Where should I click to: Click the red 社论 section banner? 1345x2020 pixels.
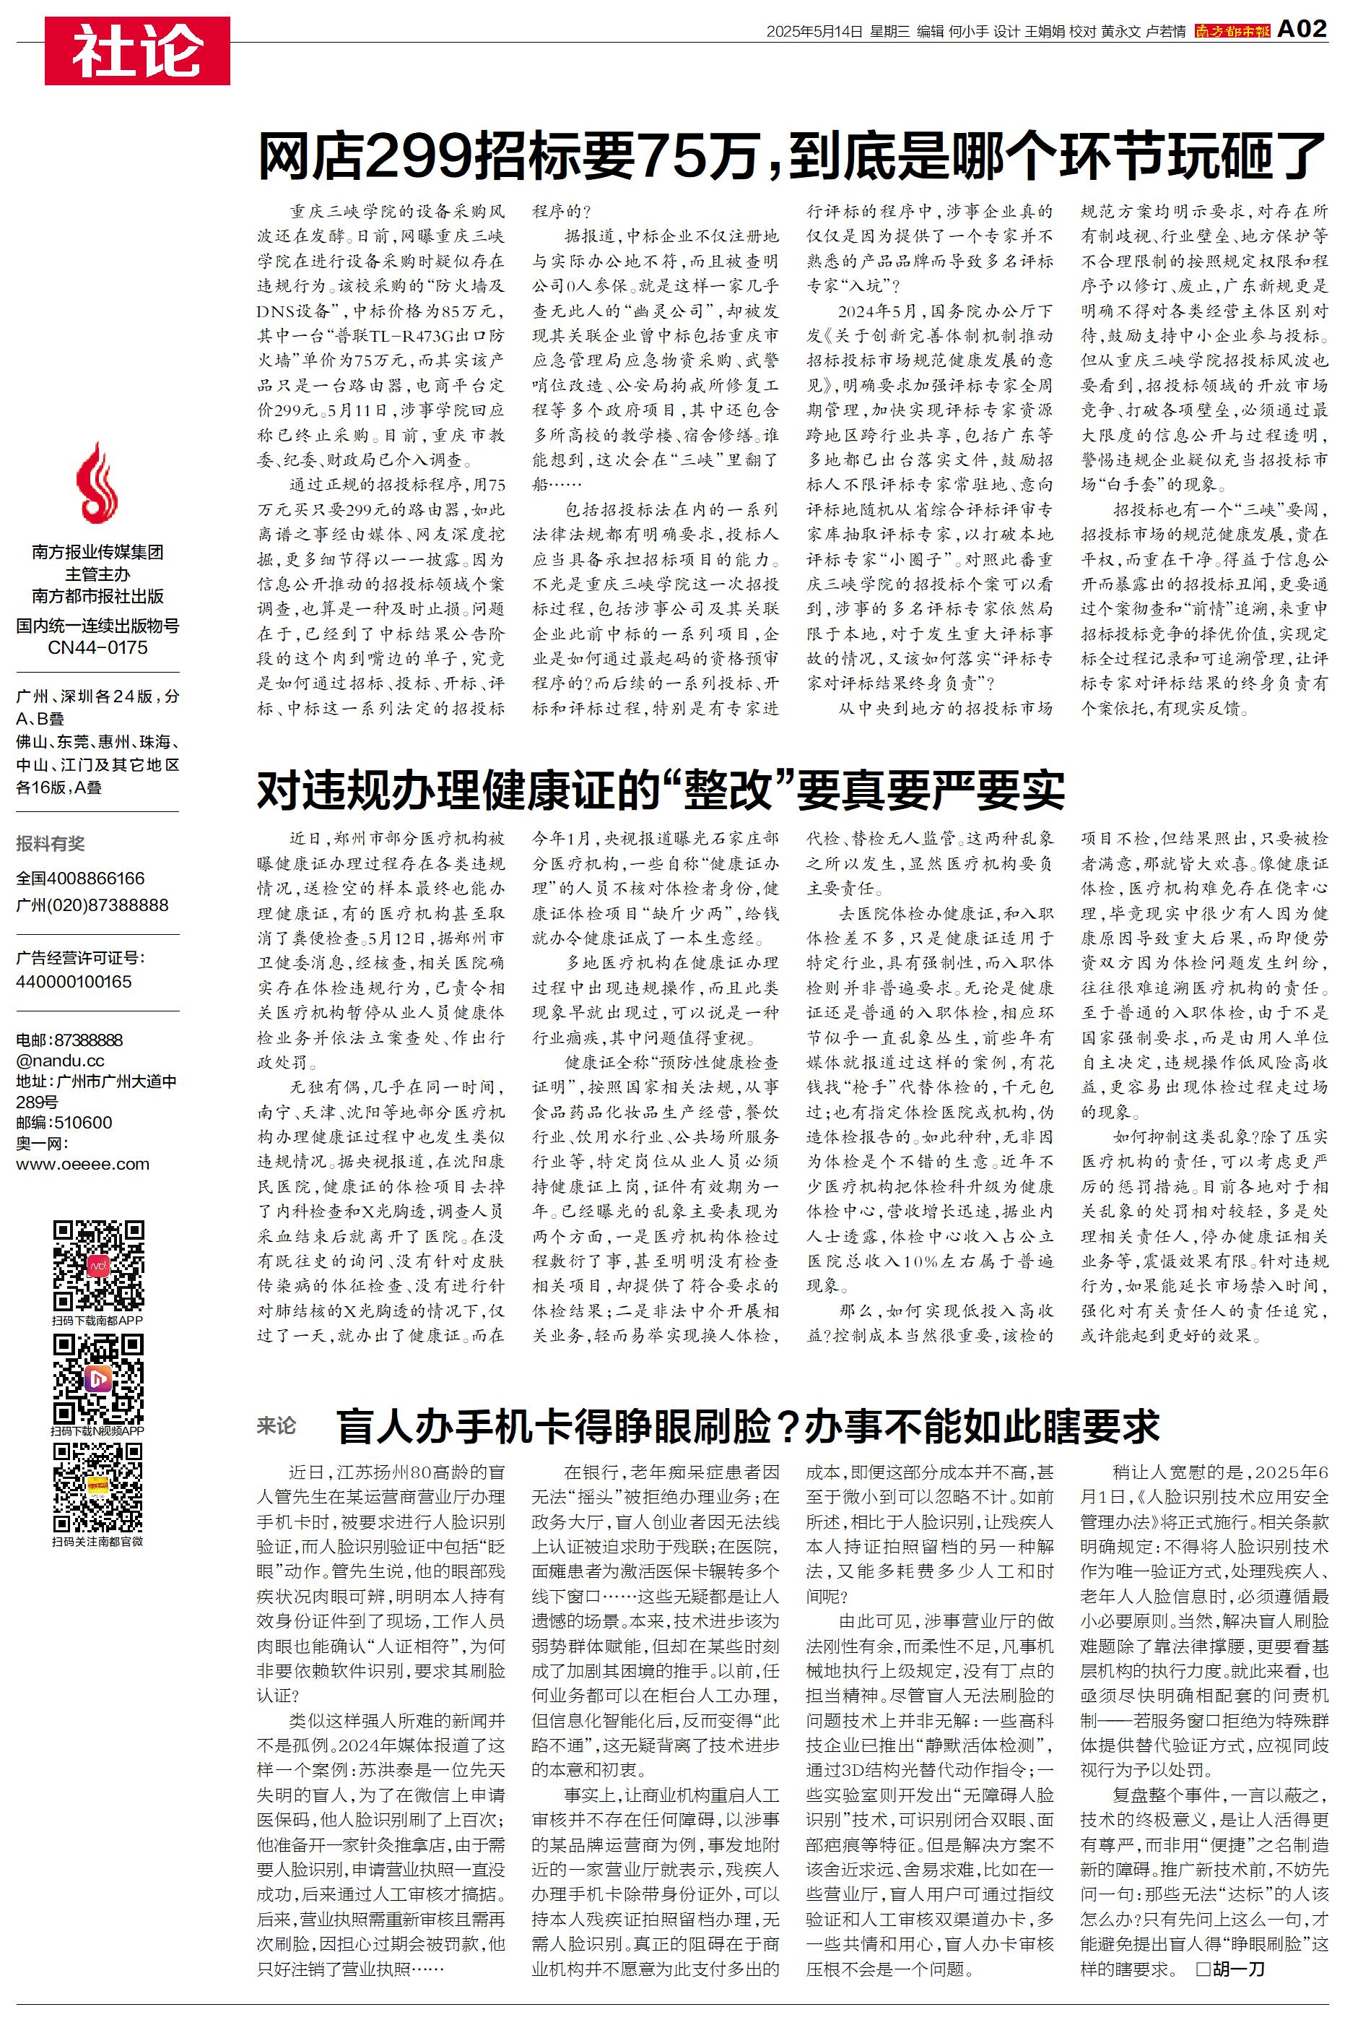pyautogui.click(x=137, y=51)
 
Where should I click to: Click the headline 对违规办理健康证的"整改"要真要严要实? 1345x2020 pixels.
pyautogui.click(x=661, y=790)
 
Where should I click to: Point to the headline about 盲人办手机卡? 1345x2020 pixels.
pyautogui.click(x=747, y=1426)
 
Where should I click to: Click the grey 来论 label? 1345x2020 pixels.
pyautogui.click(x=277, y=1426)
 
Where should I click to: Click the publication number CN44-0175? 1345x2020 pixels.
pyautogui.click(x=97, y=648)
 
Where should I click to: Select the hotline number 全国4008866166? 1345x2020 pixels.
pyautogui.click(x=81, y=879)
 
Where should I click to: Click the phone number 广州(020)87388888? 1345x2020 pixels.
pyautogui.click(x=92, y=905)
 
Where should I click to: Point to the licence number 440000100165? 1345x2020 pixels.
pyautogui.click(x=74, y=982)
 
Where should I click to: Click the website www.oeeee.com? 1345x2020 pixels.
pyautogui.click(x=82, y=1165)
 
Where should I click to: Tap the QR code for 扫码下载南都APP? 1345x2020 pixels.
pyautogui.click(x=97, y=1264)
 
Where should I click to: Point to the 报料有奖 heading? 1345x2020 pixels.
pyautogui.click(x=51, y=844)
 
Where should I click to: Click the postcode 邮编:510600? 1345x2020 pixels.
pyautogui.click(x=64, y=1123)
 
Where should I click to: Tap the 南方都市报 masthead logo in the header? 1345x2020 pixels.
pyautogui.click(x=1232, y=32)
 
